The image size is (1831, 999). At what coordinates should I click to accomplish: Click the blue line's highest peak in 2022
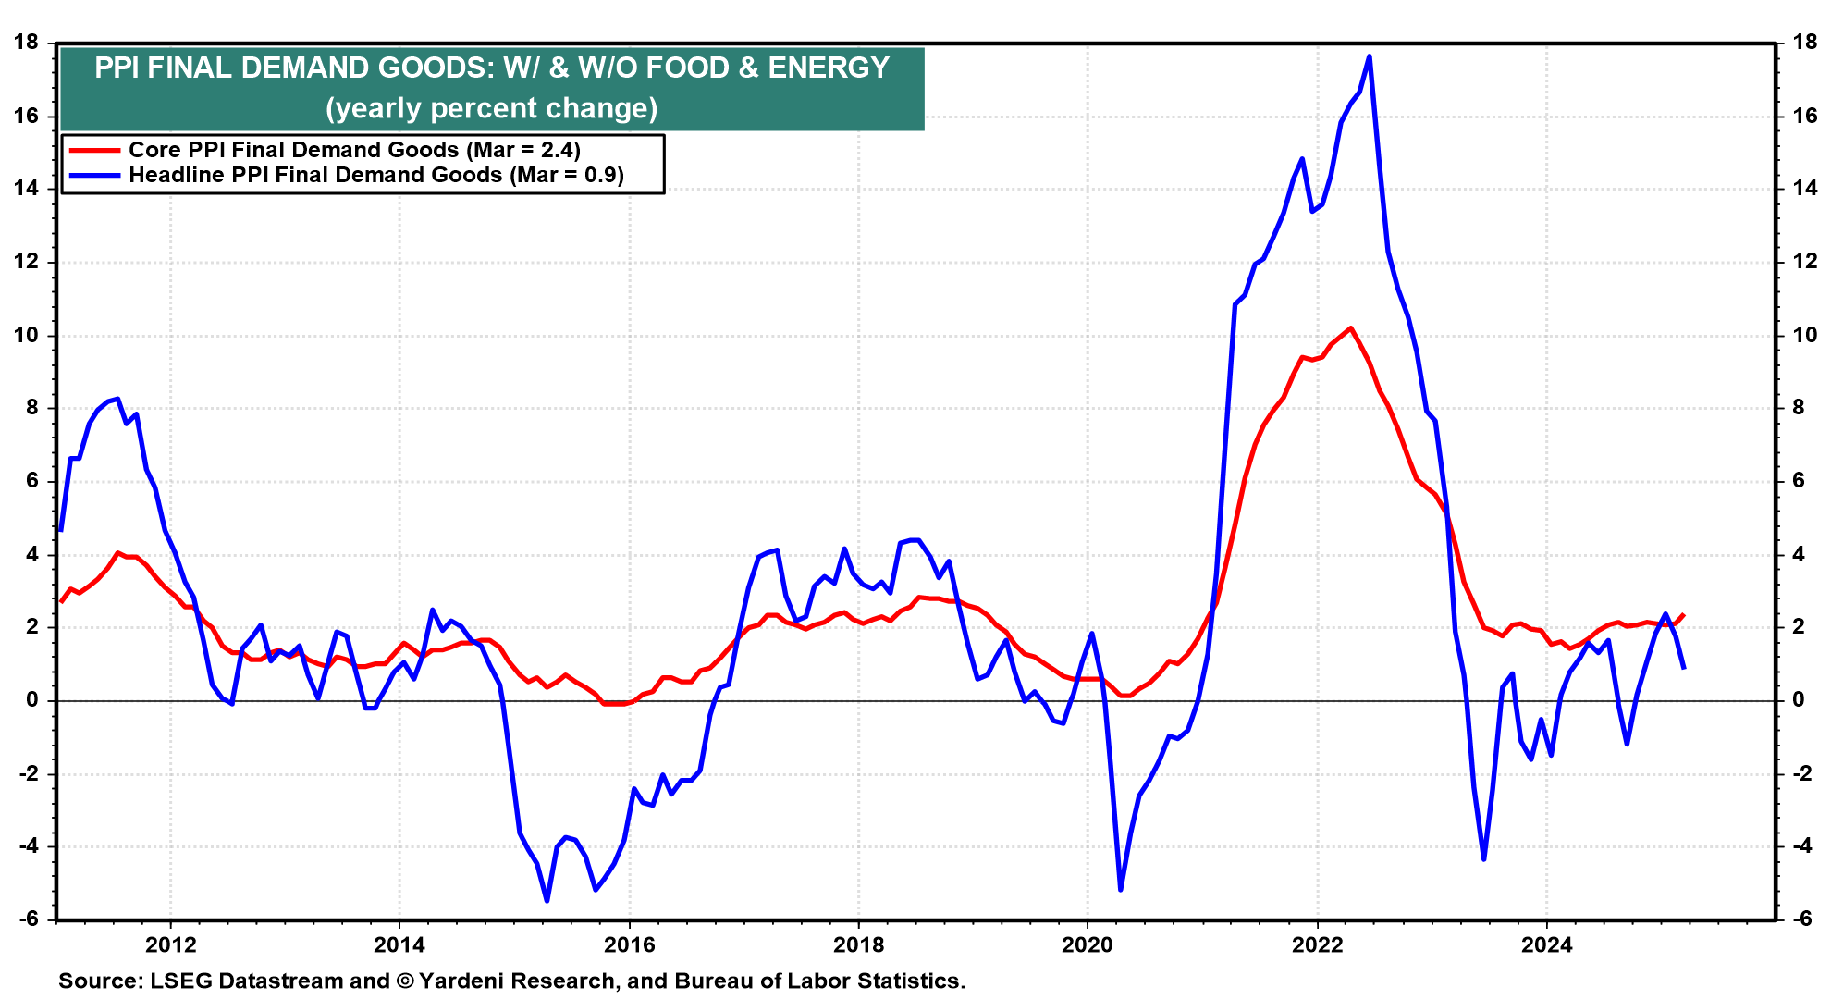[1369, 56]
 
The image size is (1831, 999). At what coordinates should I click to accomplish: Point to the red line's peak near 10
[1351, 328]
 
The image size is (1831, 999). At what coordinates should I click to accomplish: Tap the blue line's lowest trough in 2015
[547, 900]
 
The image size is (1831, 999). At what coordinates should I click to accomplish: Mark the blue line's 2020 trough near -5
[1121, 890]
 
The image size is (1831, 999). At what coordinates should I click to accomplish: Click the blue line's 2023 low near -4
[1483, 859]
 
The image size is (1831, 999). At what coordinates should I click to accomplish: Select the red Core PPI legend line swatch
[92, 150]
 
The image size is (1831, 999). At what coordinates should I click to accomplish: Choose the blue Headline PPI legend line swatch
[92, 175]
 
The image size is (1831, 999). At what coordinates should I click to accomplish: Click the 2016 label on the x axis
[629, 944]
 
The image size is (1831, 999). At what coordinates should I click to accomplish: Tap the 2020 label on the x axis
[1087, 944]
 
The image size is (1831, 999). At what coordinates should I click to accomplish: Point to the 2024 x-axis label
[1546, 944]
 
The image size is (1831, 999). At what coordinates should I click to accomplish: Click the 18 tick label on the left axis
[26, 43]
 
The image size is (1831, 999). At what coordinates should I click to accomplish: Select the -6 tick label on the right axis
[1803, 919]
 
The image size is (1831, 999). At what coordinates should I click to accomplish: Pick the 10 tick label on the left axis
[26, 335]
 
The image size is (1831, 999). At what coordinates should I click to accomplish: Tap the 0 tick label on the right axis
[1799, 700]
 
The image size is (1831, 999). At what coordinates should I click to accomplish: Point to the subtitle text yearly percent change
[491, 108]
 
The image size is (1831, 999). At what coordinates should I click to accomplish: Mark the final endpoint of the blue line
[1684, 668]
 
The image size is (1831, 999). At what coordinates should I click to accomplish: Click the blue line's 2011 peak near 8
[117, 399]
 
